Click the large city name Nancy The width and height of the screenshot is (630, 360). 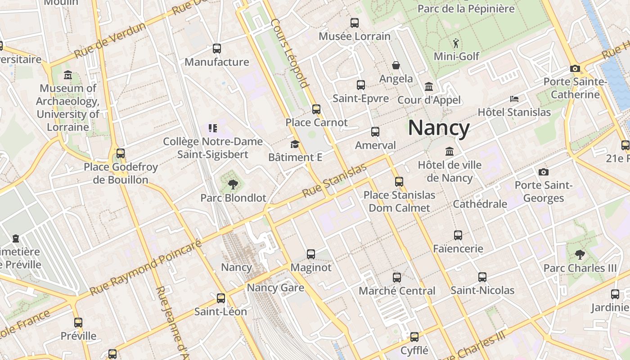[439, 128]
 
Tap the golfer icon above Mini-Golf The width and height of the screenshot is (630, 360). [456, 43]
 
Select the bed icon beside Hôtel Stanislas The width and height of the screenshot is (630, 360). [514, 99]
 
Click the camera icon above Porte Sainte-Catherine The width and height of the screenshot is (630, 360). [575, 69]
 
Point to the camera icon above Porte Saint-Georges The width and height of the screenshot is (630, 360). [544, 172]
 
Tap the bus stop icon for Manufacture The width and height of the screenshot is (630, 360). [217, 49]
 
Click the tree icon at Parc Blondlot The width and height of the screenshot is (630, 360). [233, 184]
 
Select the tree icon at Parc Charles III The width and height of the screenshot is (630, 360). [580, 254]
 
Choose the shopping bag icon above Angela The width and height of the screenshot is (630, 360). [396, 66]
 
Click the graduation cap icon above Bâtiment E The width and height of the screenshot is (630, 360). [295, 144]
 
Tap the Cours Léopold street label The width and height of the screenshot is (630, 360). [290, 53]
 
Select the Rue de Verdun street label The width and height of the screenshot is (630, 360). [110, 40]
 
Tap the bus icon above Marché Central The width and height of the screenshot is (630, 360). [396, 277]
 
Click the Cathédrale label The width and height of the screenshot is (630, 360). [480, 204]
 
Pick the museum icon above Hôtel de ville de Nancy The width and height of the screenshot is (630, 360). [449, 151]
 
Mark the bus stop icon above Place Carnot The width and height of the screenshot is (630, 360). [316, 109]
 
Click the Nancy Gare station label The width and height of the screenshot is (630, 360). [275, 288]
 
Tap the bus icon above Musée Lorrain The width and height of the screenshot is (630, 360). [355, 22]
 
